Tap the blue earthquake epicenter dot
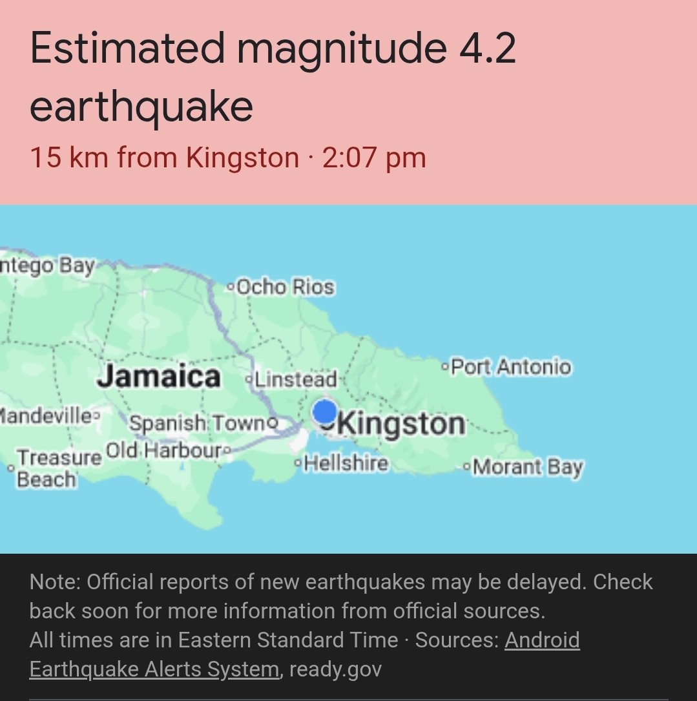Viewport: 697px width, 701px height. (324, 412)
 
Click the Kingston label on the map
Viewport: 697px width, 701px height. (401, 424)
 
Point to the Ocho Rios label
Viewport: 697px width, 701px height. (285, 286)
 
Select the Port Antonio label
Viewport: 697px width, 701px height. (510, 367)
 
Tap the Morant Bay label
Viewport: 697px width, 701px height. (528, 466)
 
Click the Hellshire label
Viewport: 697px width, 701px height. (346, 463)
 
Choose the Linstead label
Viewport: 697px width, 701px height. (296, 379)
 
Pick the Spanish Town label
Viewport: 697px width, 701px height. (197, 423)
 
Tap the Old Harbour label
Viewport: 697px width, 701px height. (163, 450)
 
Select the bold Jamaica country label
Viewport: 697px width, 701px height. (159, 376)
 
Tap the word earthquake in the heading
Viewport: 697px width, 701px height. (141, 107)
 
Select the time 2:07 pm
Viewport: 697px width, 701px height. (374, 158)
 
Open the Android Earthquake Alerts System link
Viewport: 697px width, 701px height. (304, 654)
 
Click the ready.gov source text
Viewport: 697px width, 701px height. (335, 669)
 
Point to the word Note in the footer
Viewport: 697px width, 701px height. (54, 582)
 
